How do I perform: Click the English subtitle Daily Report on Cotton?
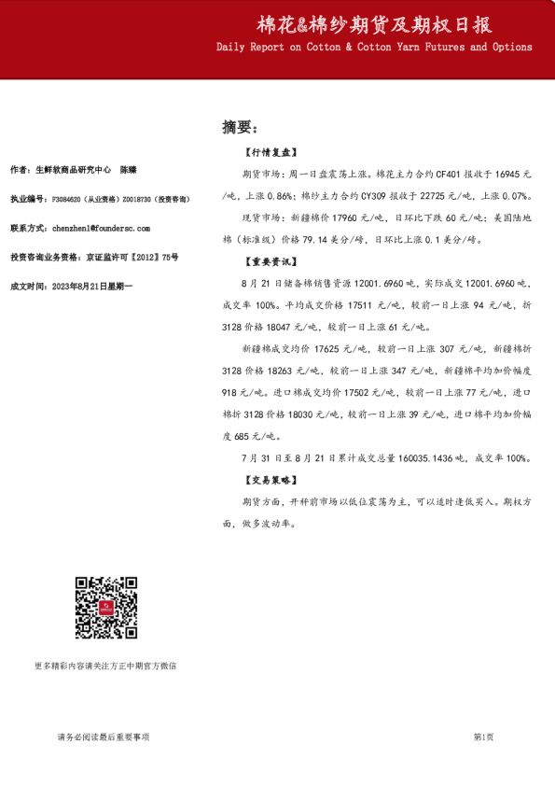pos(374,47)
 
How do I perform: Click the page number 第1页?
pos(483,737)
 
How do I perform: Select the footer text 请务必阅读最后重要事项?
pos(103,737)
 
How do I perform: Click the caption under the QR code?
pos(104,667)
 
